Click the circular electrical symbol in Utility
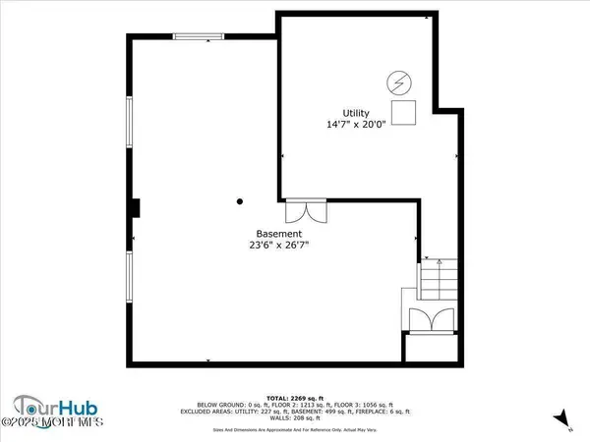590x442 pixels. [399, 81]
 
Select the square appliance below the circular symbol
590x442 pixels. [403, 108]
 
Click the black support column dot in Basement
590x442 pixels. [239, 202]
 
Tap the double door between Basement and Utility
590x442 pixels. [304, 210]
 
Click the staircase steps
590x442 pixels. [438, 279]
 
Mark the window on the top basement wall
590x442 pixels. [199, 37]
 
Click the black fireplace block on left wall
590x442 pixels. [137, 207]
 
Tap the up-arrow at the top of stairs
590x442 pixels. [428, 260]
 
